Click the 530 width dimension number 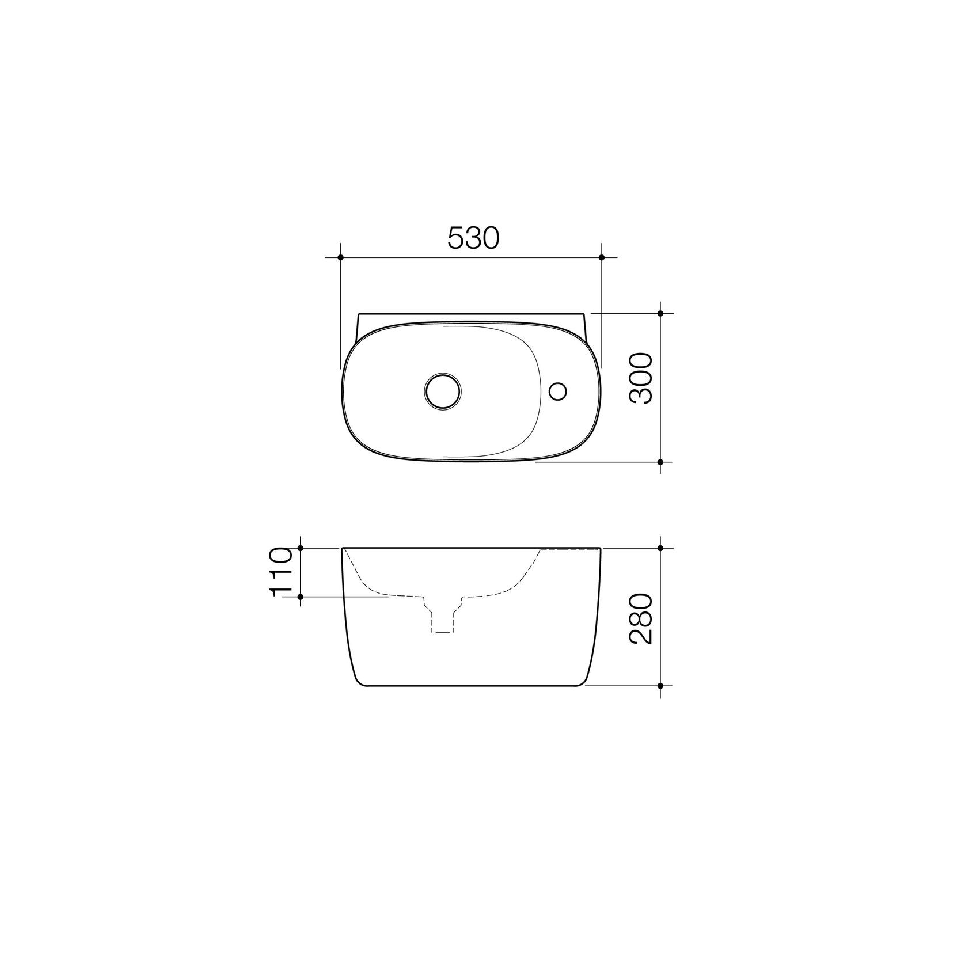click(472, 238)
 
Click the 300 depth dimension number click(640, 379)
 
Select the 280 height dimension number click(640, 620)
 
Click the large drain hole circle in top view click(442, 391)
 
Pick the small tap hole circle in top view click(557, 391)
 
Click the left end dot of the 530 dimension click(341, 257)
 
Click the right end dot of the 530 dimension click(602, 257)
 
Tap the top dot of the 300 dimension click(660, 313)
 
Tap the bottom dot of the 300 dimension click(660, 462)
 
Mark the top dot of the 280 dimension click(660, 548)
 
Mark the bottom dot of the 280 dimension click(660, 686)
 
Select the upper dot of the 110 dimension click(301, 548)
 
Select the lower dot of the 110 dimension click(301, 597)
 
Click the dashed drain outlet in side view click(442, 619)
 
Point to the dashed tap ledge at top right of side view click(567, 551)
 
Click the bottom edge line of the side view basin click(472, 686)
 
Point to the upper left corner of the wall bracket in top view click(358, 314)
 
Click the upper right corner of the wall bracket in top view click(584, 314)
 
